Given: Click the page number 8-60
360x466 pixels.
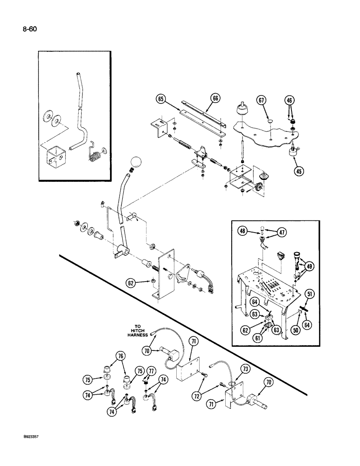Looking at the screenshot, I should coord(28,29).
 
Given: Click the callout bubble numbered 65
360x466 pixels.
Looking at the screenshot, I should coord(160,99).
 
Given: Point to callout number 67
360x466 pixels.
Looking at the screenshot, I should coord(262,101).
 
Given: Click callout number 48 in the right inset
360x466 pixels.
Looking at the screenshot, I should coord(243,230).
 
